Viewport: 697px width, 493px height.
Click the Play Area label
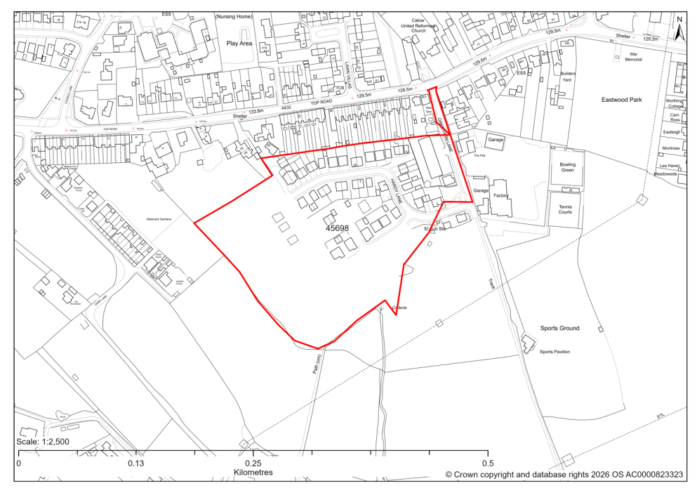(x=239, y=43)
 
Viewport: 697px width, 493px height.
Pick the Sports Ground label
(x=559, y=328)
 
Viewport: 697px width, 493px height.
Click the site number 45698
(x=337, y=228)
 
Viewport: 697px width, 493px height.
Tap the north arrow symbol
(x=679, y=31)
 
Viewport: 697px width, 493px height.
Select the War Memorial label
(x=637, y=57)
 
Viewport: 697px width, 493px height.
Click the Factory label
(x=500, y=196)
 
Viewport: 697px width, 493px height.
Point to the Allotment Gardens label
(x=159, y=220)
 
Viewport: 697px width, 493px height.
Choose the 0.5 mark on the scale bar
(x=488, y=464)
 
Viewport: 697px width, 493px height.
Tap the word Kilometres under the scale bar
(x=253, y=473)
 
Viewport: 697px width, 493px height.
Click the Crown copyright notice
(x=564, y=475)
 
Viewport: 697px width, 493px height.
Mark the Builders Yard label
(x=567, y=77)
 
